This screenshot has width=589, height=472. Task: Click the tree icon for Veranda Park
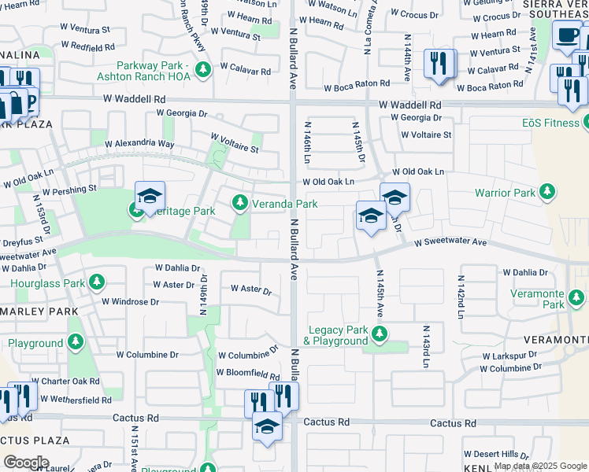[241, 204]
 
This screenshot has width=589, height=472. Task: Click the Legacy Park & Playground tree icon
[380, 334]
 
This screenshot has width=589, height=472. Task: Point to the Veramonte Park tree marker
[576, 297]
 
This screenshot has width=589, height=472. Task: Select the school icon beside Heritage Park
[150, 197]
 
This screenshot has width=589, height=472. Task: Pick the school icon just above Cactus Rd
[267, 427]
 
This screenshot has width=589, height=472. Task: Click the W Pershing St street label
[69, 190]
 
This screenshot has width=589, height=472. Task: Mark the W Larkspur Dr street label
[511, 356]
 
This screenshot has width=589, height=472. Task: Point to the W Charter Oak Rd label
[70, 381]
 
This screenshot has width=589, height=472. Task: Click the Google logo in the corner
[26, 462]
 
